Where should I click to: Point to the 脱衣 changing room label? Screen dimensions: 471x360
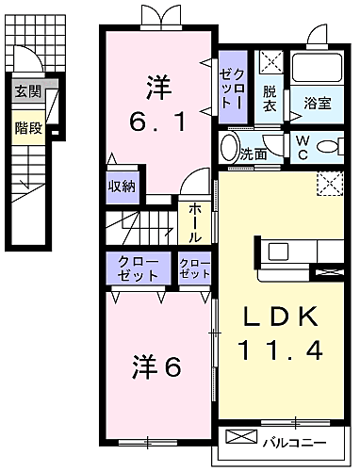[270, 99]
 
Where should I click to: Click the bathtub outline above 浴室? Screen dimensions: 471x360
[319, 68]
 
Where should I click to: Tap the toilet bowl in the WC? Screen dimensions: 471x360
[327, 148]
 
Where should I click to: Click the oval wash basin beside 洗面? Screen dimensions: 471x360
[229, 148]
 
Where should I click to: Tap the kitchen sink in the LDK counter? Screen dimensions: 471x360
[280, 252]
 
